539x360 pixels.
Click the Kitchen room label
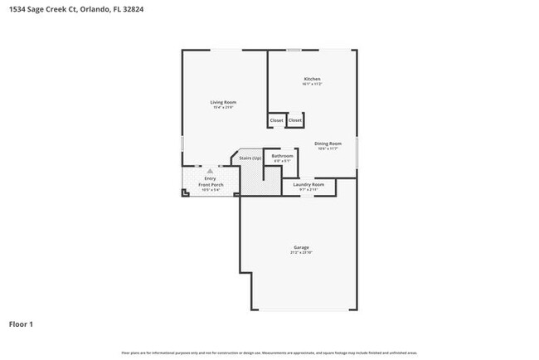[312, 79]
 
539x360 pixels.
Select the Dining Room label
[328, 144]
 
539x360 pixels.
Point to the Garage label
[301, 247]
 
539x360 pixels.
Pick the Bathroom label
[284, 156]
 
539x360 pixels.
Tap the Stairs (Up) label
[250, 158]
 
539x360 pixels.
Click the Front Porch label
[211, 184]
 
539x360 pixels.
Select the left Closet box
[276, 120]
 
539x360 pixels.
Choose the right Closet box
[295, 120]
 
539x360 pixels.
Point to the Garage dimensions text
[301, 252]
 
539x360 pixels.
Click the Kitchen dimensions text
[312, 85]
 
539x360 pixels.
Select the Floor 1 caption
[21, 324]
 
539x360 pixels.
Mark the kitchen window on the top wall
[294, 51]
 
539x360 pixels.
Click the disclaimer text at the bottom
[269, 353]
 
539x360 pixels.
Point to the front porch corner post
[185, 193]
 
